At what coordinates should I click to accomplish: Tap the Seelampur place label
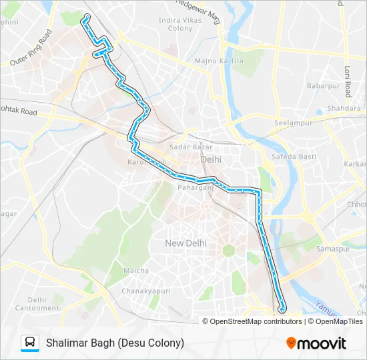point(292,123)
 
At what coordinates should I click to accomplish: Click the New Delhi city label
point(186,243)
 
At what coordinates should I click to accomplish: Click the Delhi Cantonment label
point(39,304)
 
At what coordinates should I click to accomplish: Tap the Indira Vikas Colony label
point(176,25)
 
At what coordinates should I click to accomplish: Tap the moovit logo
point(316,343)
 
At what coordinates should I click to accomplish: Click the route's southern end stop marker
point(282,309)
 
